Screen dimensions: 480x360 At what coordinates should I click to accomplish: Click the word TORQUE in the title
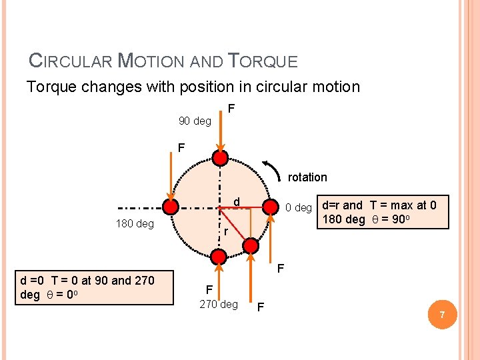point(264,61)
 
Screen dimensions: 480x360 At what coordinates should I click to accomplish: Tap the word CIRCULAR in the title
point(71,61)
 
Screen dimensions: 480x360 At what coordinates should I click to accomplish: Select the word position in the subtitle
point(233,87)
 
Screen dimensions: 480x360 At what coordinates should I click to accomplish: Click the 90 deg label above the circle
point(195,121)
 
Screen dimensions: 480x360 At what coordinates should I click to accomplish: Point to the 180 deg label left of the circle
point(135,223)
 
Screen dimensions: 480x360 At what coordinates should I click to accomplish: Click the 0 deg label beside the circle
point(299,207)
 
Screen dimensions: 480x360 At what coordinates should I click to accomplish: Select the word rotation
point(307,177)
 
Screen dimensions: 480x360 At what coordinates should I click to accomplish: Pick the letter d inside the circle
point(236,201)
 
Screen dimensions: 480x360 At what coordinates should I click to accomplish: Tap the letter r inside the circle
point(227,232)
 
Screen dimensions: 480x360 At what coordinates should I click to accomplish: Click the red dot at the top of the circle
point(219,157)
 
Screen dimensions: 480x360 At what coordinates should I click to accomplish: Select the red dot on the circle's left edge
point(171,207)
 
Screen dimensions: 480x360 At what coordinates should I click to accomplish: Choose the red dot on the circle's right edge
point(269,207)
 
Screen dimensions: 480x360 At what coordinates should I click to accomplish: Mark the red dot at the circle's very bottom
point(219,256)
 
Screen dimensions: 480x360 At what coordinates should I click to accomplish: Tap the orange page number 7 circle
point(441,315)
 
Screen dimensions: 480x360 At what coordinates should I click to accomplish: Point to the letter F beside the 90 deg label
point(231,109)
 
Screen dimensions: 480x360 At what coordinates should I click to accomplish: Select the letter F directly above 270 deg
point(209,290)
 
